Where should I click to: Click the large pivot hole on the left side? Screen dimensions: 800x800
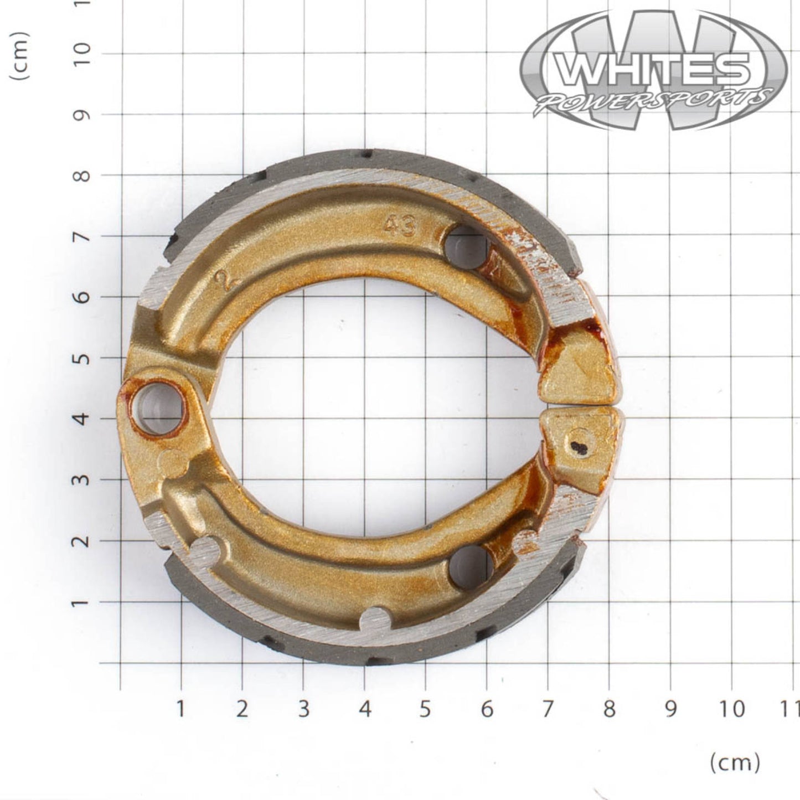point(157,407)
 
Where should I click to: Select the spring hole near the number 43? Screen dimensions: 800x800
point(466,246)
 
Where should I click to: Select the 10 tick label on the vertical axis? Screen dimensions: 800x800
point(82,54)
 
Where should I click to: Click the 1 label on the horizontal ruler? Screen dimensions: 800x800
point(180,709)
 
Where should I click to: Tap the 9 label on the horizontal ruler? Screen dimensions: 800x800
point(670,709)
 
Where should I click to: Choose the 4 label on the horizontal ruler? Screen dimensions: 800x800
point(364,709)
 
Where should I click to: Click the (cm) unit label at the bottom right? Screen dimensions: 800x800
point(735,763)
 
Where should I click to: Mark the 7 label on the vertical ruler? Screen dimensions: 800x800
point(82,236)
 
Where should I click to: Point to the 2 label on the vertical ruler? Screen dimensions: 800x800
point(82,541)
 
